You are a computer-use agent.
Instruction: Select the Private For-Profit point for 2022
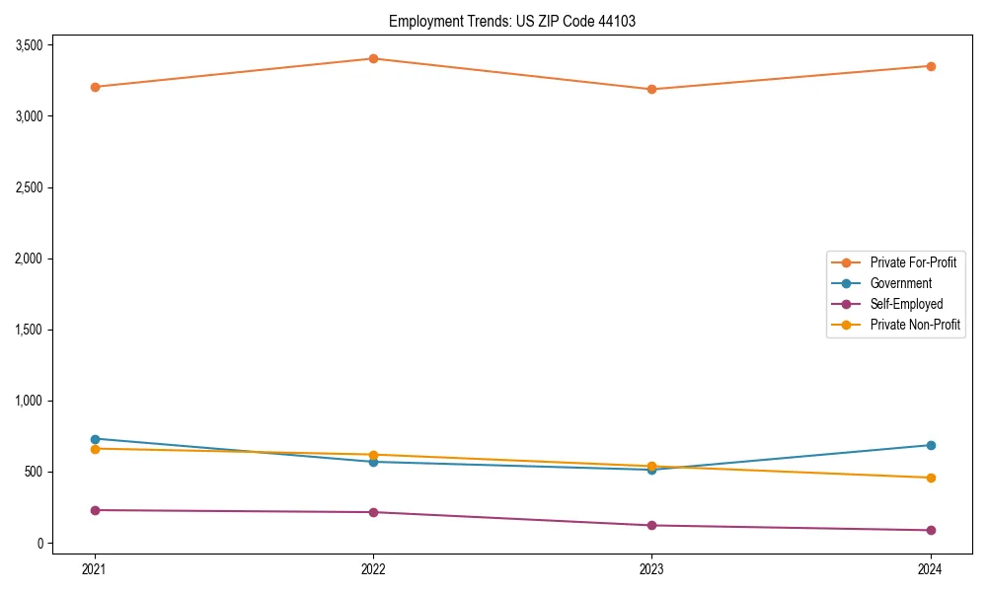[x=373, y=58]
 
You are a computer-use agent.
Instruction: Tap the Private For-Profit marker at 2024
[x=931, y=66]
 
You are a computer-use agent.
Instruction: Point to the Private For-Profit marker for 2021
[x=95, y=87]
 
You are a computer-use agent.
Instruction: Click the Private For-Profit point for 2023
[x=651, y=89]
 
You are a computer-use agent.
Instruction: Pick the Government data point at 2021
[x=95, y=439]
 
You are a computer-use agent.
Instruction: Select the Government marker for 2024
[x=931, y=445]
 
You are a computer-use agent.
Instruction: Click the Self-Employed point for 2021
[x=95, y=510]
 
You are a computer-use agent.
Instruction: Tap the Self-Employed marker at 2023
[x=651, y=525]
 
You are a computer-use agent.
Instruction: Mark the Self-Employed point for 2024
[x=931, y=530]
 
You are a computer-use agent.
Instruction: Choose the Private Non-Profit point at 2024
[x=931, y=478]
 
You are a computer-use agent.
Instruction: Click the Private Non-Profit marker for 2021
[x=95, y=449]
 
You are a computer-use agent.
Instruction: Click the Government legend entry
[x=900, y=283]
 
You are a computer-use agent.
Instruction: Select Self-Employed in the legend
[x=906, y=304]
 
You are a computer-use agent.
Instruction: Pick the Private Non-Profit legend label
[x=915, y=325]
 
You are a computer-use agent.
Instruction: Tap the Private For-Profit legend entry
[x=913, y=262]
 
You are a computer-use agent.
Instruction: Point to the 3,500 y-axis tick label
[x=29, y=45]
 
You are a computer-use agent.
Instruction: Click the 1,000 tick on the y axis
[x=29, y=401]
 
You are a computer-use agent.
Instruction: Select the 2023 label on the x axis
[x=651, y=568]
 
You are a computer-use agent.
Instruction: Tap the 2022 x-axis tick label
[x=373, y=568]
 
